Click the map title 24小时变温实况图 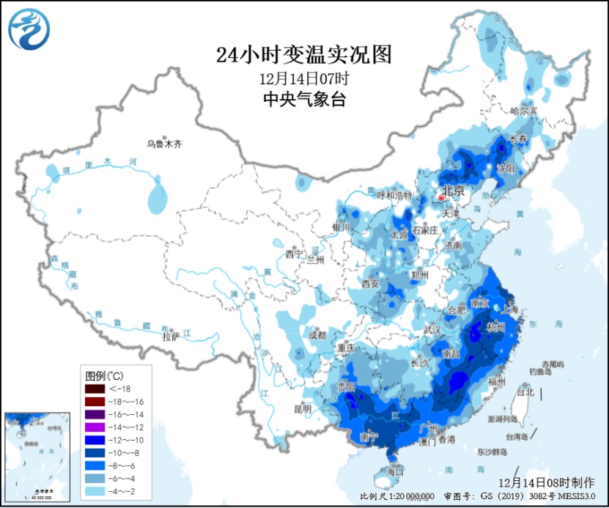[x=304, y=54]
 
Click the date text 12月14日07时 [x=304, y=78]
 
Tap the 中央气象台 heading [x=304, y=100]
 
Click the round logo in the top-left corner [x=30, y=29]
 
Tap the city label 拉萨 [x=170, y=337]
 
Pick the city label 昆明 [x=303, y=408]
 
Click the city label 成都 [x=316, y=335]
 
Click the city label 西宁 [x=293, y=255]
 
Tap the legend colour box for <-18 [x=95, y=389]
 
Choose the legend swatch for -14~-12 [x=95, y=427]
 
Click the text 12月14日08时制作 [x=547, y=482]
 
